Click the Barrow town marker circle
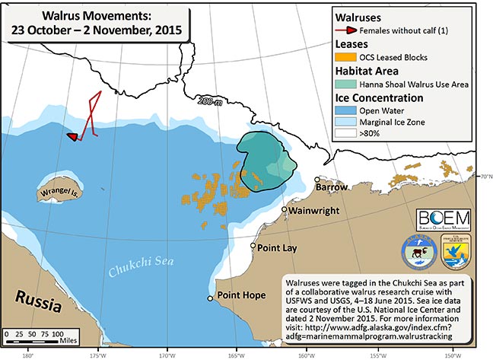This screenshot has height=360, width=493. coord(317,180)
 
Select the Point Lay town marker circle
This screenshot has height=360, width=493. coord(254,246)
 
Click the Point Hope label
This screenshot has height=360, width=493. coord(240,295)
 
